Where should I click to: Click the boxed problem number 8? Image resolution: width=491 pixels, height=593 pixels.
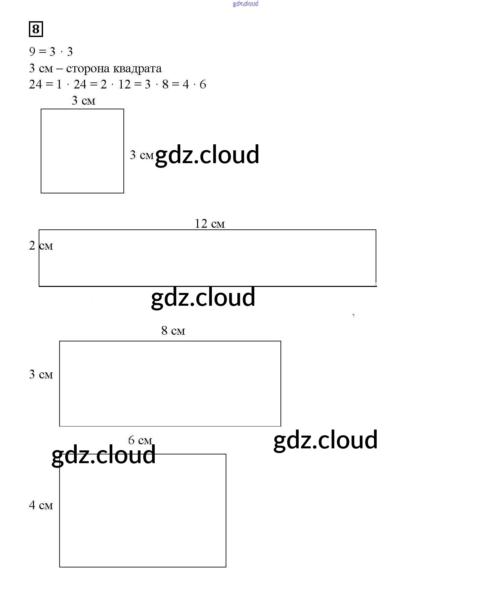pos(36,29)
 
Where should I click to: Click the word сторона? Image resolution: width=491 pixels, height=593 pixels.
pos(88,69)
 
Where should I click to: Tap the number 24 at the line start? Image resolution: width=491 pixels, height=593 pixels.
pos(35,84)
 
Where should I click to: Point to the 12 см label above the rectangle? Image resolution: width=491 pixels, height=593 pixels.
pos(210,224)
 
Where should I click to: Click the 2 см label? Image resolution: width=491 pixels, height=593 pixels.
pos(41,246)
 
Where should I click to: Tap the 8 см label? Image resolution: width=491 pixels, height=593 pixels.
pos(173,331)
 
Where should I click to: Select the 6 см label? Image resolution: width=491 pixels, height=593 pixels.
pos(140,440)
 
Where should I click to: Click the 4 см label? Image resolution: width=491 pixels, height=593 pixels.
pos(41,505)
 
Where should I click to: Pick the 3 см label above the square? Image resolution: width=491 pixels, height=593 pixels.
pos(83,101)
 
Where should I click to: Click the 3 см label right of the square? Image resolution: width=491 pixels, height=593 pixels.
pos(142,155)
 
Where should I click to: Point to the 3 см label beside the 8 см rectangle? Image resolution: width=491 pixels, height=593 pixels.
pos(41,374)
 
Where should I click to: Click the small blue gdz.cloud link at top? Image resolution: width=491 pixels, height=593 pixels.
pos(245,4)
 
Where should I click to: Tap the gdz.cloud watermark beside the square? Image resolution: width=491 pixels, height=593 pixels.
pos(207,155)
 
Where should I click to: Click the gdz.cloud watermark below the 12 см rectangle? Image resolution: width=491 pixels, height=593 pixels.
pos(203,298)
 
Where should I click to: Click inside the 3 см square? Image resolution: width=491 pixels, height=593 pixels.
pos(82,151)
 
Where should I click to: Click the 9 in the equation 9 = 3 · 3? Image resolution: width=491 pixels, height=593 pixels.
pos(32,52)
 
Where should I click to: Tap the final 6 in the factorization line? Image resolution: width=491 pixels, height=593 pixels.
pos(203,84)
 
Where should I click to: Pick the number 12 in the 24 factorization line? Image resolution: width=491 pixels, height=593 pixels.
pos(124,84)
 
